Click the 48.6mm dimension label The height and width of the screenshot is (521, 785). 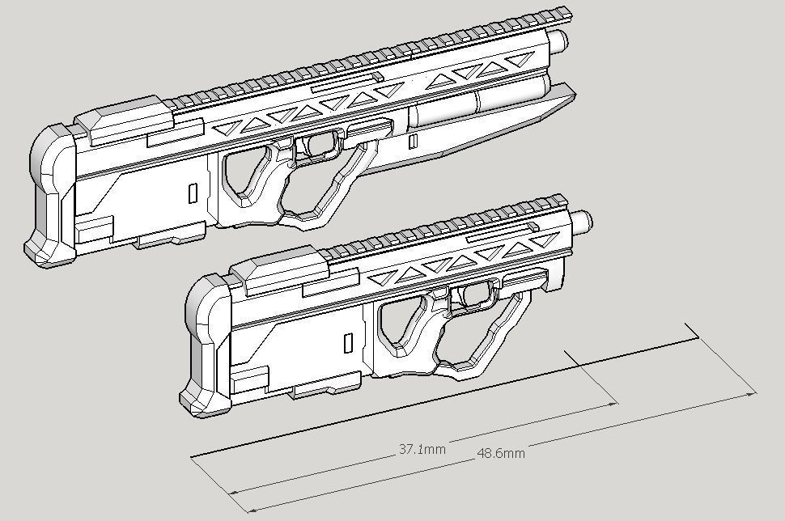(x=500, y=453)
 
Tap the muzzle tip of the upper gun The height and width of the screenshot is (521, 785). (x=562, y=39)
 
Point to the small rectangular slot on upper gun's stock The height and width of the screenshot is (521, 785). (x=192, y=193)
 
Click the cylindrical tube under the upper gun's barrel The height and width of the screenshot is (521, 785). (x=477, y=105)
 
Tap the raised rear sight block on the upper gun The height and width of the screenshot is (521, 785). (x=129, y=117)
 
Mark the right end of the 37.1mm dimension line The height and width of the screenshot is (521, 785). (x=617, y=402)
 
